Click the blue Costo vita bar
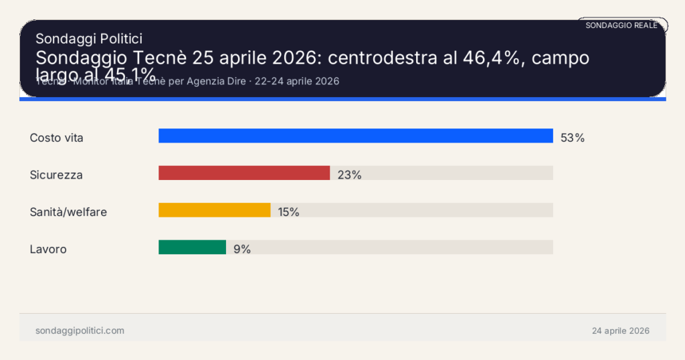coord(355,136)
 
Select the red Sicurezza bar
coord(244,173)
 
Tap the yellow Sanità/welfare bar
coord(214,210)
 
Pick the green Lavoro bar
coord(192,248)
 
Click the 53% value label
coord(573,138)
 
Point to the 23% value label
coord(349,175)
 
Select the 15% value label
coord(288,212)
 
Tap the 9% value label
coord(242,249)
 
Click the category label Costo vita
coord(56,138)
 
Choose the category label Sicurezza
coord(56,175)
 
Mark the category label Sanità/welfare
coord(68,212)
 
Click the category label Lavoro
coord(48,249)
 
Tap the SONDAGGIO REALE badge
coord(621,25)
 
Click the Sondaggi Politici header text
coord(88,39)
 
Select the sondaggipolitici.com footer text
coord(80,331)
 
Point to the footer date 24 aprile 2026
coord(620,331)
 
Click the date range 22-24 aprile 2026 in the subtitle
coord(297,82)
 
